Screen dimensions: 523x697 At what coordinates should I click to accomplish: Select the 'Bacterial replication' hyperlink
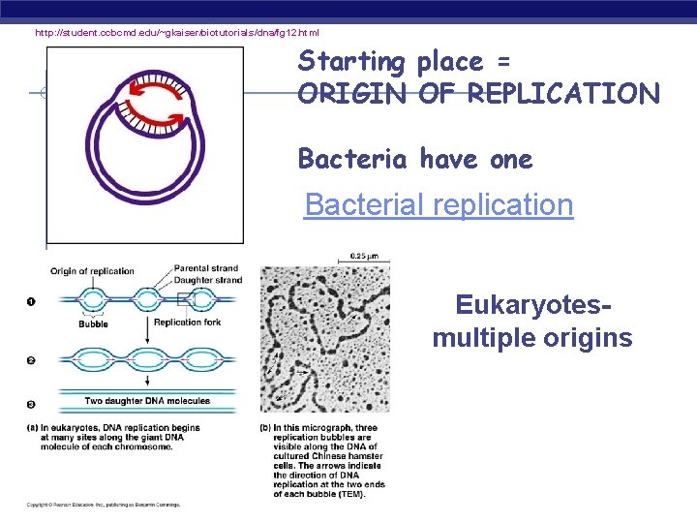pyautogui.click(x=439, y=205)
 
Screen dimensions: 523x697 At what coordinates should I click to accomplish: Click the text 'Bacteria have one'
pyautogui.click(x=415, y=159)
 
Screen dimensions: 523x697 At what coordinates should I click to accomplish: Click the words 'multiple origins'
pyautogui.click(x=532, y=338)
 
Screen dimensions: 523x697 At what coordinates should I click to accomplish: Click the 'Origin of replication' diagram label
pyautogui.click(x=92, y=271)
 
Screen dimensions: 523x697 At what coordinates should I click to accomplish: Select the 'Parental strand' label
pyautogui.click(x=207, y=268)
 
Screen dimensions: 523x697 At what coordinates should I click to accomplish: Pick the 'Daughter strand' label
pyautogui.click(x=208, y=280)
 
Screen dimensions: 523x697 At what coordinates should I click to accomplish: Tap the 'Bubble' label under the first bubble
pyautogui.click(x=93, y=323)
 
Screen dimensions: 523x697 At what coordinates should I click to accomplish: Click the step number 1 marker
pyautogui.click(x=30, y=301)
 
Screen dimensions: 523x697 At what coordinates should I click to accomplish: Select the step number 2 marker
pyautogui.click(x=30, y=360)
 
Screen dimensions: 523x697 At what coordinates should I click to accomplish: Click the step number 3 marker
pyautogui.click(x=30, y=405)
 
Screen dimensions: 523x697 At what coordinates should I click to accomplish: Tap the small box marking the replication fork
pyautogui.click(x=185, y=300)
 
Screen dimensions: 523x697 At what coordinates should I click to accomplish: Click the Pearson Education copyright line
pyautogui.click(x=103, y=505)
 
